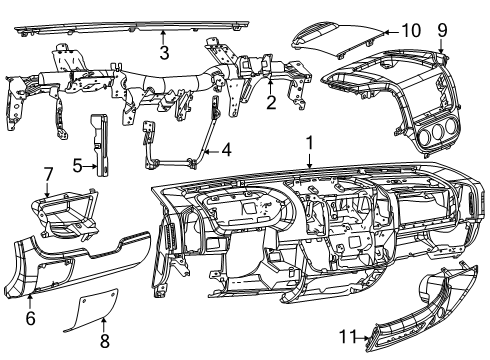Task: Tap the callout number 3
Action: click(164, 51)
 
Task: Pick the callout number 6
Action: click(30, 318)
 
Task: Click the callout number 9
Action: click(442, 31)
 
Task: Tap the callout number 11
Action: click(347, 338)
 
